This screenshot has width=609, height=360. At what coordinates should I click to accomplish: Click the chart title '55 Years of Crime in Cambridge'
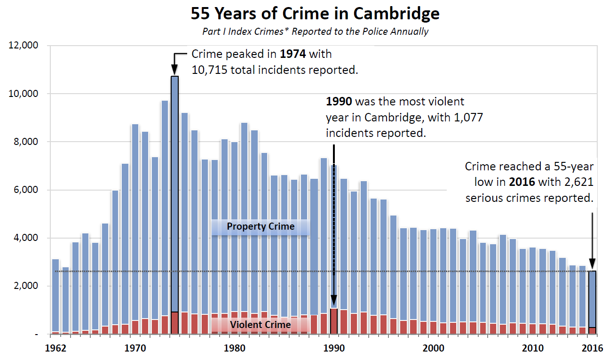[315, 14]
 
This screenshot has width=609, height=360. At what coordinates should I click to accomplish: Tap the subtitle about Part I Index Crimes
[315, 32]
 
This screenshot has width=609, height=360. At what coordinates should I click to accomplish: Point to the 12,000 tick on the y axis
[24, 46]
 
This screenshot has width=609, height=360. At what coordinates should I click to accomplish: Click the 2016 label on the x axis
[593, 349]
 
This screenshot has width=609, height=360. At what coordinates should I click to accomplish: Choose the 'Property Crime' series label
[261, 226]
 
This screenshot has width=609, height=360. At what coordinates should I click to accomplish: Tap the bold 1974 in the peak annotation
[293, 54]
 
